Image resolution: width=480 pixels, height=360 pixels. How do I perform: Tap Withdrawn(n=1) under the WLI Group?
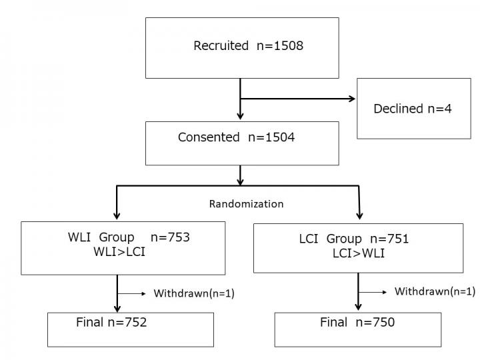194,293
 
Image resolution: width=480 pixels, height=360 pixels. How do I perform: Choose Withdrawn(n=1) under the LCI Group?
435,291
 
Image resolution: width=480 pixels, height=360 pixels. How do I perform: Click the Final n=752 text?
111,323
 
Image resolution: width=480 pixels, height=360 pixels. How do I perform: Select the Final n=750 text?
357,323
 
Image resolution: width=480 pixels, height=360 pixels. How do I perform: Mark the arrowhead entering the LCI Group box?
361,215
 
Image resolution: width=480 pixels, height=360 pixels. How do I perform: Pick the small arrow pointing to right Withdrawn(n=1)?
385,291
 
